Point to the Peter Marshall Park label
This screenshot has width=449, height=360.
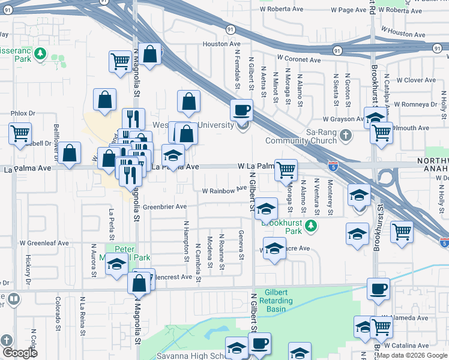point(133,253)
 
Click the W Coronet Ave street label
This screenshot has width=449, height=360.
point(298,60)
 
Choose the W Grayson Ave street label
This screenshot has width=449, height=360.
point(343,119)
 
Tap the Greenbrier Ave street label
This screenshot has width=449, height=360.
point(164,206)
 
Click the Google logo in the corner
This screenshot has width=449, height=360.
point(20,352)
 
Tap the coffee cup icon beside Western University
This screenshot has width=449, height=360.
point(242,110)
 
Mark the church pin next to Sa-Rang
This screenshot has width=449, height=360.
point(345,136)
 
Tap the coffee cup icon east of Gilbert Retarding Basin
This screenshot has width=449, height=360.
point(378,289)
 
